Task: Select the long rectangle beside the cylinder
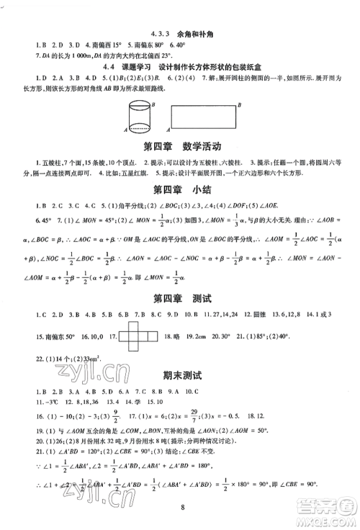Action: pos(204,117)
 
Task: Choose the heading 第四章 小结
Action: pos(180,191)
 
